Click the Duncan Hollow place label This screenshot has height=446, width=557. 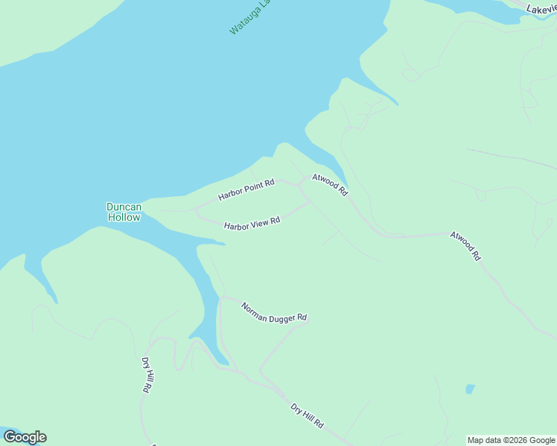click(x=124, y=212)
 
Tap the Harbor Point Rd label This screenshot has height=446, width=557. click(x=246, y=190)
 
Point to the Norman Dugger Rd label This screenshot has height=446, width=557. click(x=274, y=311)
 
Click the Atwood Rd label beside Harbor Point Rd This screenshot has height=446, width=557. click(x=330, y=184)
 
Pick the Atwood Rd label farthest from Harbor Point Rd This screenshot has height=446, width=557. click(x=465, y=245)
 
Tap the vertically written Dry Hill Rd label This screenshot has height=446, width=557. click(x=148, y=375)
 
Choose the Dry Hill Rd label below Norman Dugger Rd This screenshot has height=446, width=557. click(x=307, y=416)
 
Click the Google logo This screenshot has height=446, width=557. click(x=25, y=437)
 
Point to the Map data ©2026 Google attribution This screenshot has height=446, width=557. click(x=511, y=440)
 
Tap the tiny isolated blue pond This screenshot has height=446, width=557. click(x=470, y=389)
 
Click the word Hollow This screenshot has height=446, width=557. click(x=124, y=218)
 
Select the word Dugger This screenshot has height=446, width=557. click(x=281, y=314)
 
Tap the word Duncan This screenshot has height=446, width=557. click(x=124, y=207)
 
